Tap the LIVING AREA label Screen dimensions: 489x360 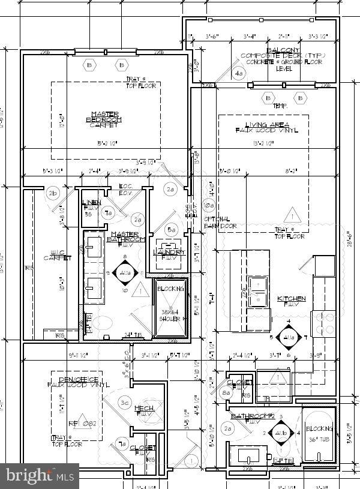pyautogui.click(x=263, y=128)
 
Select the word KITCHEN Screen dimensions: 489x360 pyautogui.click(x=291, y=298)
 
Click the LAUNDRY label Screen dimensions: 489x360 pyautogui.click(x=170, y=253)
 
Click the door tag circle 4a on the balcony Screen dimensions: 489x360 pyautogui.click(x=239, y=74)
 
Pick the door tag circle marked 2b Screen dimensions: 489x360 pyautogui.click(x=53, y=193)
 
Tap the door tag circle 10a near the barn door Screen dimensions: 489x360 pyautogui.click(x=208, y=205)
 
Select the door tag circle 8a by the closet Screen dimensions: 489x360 pyautogui.click(x=226, y=394)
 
